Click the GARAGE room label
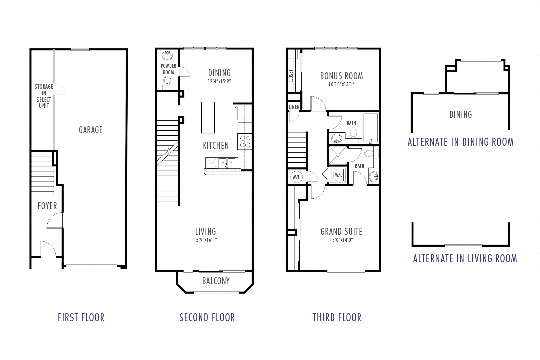(x=90, y=130)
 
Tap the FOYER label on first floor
(x=47, y=206)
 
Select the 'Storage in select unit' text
(x=44, y=96)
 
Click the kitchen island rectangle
(x=208, y=117)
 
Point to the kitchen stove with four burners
(x=245, y=142)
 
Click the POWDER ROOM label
(x=168, y=69)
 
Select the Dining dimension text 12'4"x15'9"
(x=219, y=81)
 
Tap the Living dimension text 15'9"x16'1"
(x=205, y=240)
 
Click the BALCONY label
(x=216, y=281)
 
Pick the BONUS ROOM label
(x=341, y=76)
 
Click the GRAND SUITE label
(x=341, y=231)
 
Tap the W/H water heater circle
(x=295, y=177)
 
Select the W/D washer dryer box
(x=339, y=175)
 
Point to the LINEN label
(x=294, y=107)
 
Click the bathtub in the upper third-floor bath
(x=370, y=128)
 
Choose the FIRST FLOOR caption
(x=81, y=317)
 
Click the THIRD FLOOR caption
(x=337, y=317)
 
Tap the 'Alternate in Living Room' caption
(x=465, y=258)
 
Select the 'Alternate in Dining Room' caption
(x=460, y=142)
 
